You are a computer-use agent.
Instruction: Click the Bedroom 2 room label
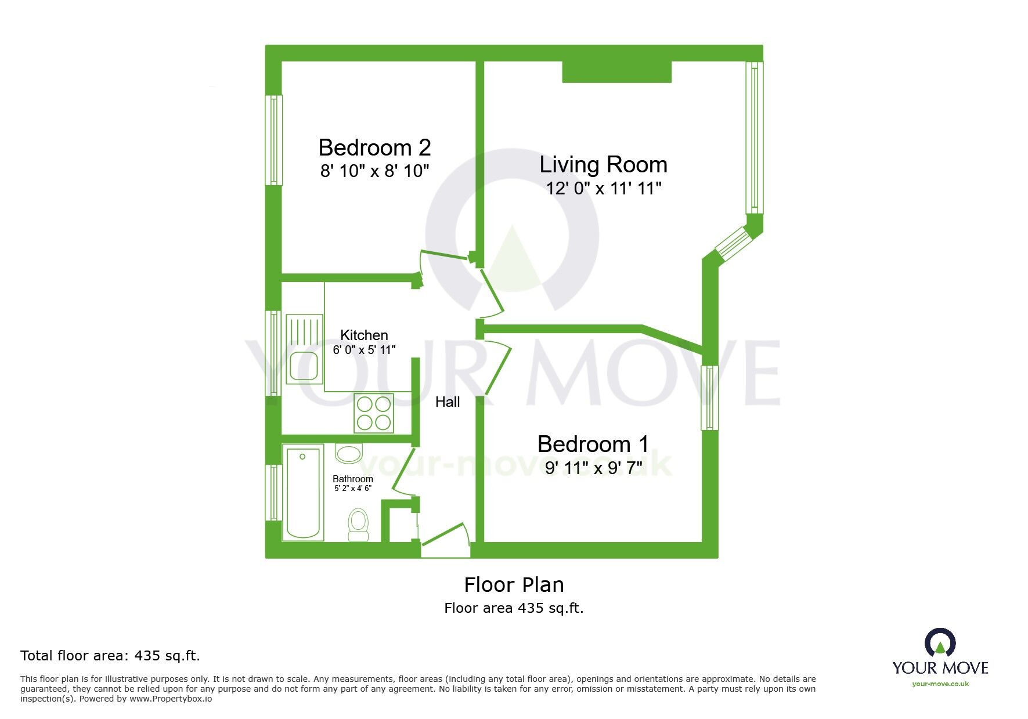(x=374, y=148)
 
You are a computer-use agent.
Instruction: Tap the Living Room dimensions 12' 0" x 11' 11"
(x=604, y=189)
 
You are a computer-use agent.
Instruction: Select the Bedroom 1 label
(x=593, y=445)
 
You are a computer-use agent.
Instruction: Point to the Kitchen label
(x=364, y=335)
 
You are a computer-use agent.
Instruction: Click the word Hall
(x=448, y=402)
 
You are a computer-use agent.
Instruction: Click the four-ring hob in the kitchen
(x=374, y=413)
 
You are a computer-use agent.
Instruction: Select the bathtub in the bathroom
(x=303, y=493)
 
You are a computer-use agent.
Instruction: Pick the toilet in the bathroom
(x=358, y=525)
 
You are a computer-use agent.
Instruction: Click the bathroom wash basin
(x=348, y=453)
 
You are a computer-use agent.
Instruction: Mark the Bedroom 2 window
(x=273, y=140)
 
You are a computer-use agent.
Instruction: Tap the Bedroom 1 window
(x=709, y=398)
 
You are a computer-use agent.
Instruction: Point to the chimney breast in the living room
(x=616, y=72)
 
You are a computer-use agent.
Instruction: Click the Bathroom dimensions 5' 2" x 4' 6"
(x=353, y=489)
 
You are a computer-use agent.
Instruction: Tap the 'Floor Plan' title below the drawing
(x=514, y=585)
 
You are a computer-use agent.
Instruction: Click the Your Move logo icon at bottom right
(x=940, y=643)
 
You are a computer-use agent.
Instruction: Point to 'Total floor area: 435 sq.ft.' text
(x=110, y=656)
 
